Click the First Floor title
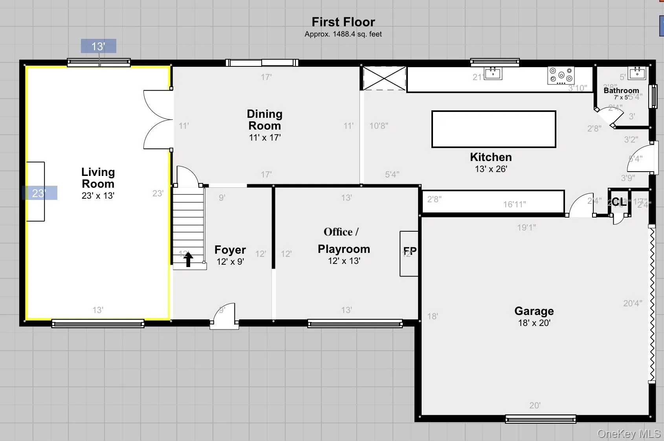tap(343, 22)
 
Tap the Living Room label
tap(98, 178)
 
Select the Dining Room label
tap(264, 120)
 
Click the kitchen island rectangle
tap(493, 129)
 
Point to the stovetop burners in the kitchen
tap(561, 75)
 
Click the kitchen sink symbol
tap(493, 73)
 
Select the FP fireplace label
tap(410, 251)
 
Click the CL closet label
tap(619, 202)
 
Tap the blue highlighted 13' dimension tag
tap(98, 46)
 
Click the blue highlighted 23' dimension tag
tap(39, 193)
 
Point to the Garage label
tap(534, 311)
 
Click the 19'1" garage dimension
tap(526, 227)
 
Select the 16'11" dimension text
tap(514, 204)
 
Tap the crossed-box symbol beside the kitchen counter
tap(384, 78)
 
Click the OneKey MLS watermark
tap(628, 434)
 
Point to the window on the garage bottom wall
tap(540, 419)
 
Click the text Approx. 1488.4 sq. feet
tap(343, 34)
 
